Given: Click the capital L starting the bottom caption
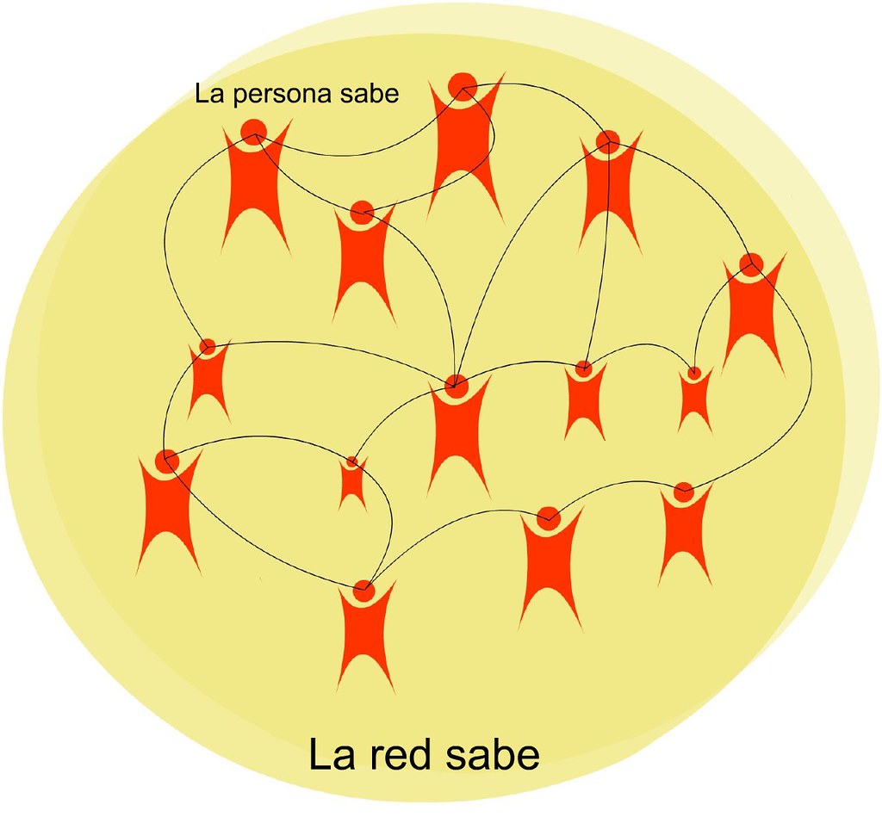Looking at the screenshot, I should point(320,755).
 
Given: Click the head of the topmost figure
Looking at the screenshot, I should point(463,85).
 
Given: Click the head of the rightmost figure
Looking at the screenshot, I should point(751,263).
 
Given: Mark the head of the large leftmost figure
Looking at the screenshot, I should point(167,461).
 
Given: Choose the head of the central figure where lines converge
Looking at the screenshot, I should point(457,385).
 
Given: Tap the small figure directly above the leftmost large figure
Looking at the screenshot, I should point(208,379).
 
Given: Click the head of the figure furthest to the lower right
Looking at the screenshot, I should point(683,492).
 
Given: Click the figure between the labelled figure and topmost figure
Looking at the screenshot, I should point(362,258).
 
